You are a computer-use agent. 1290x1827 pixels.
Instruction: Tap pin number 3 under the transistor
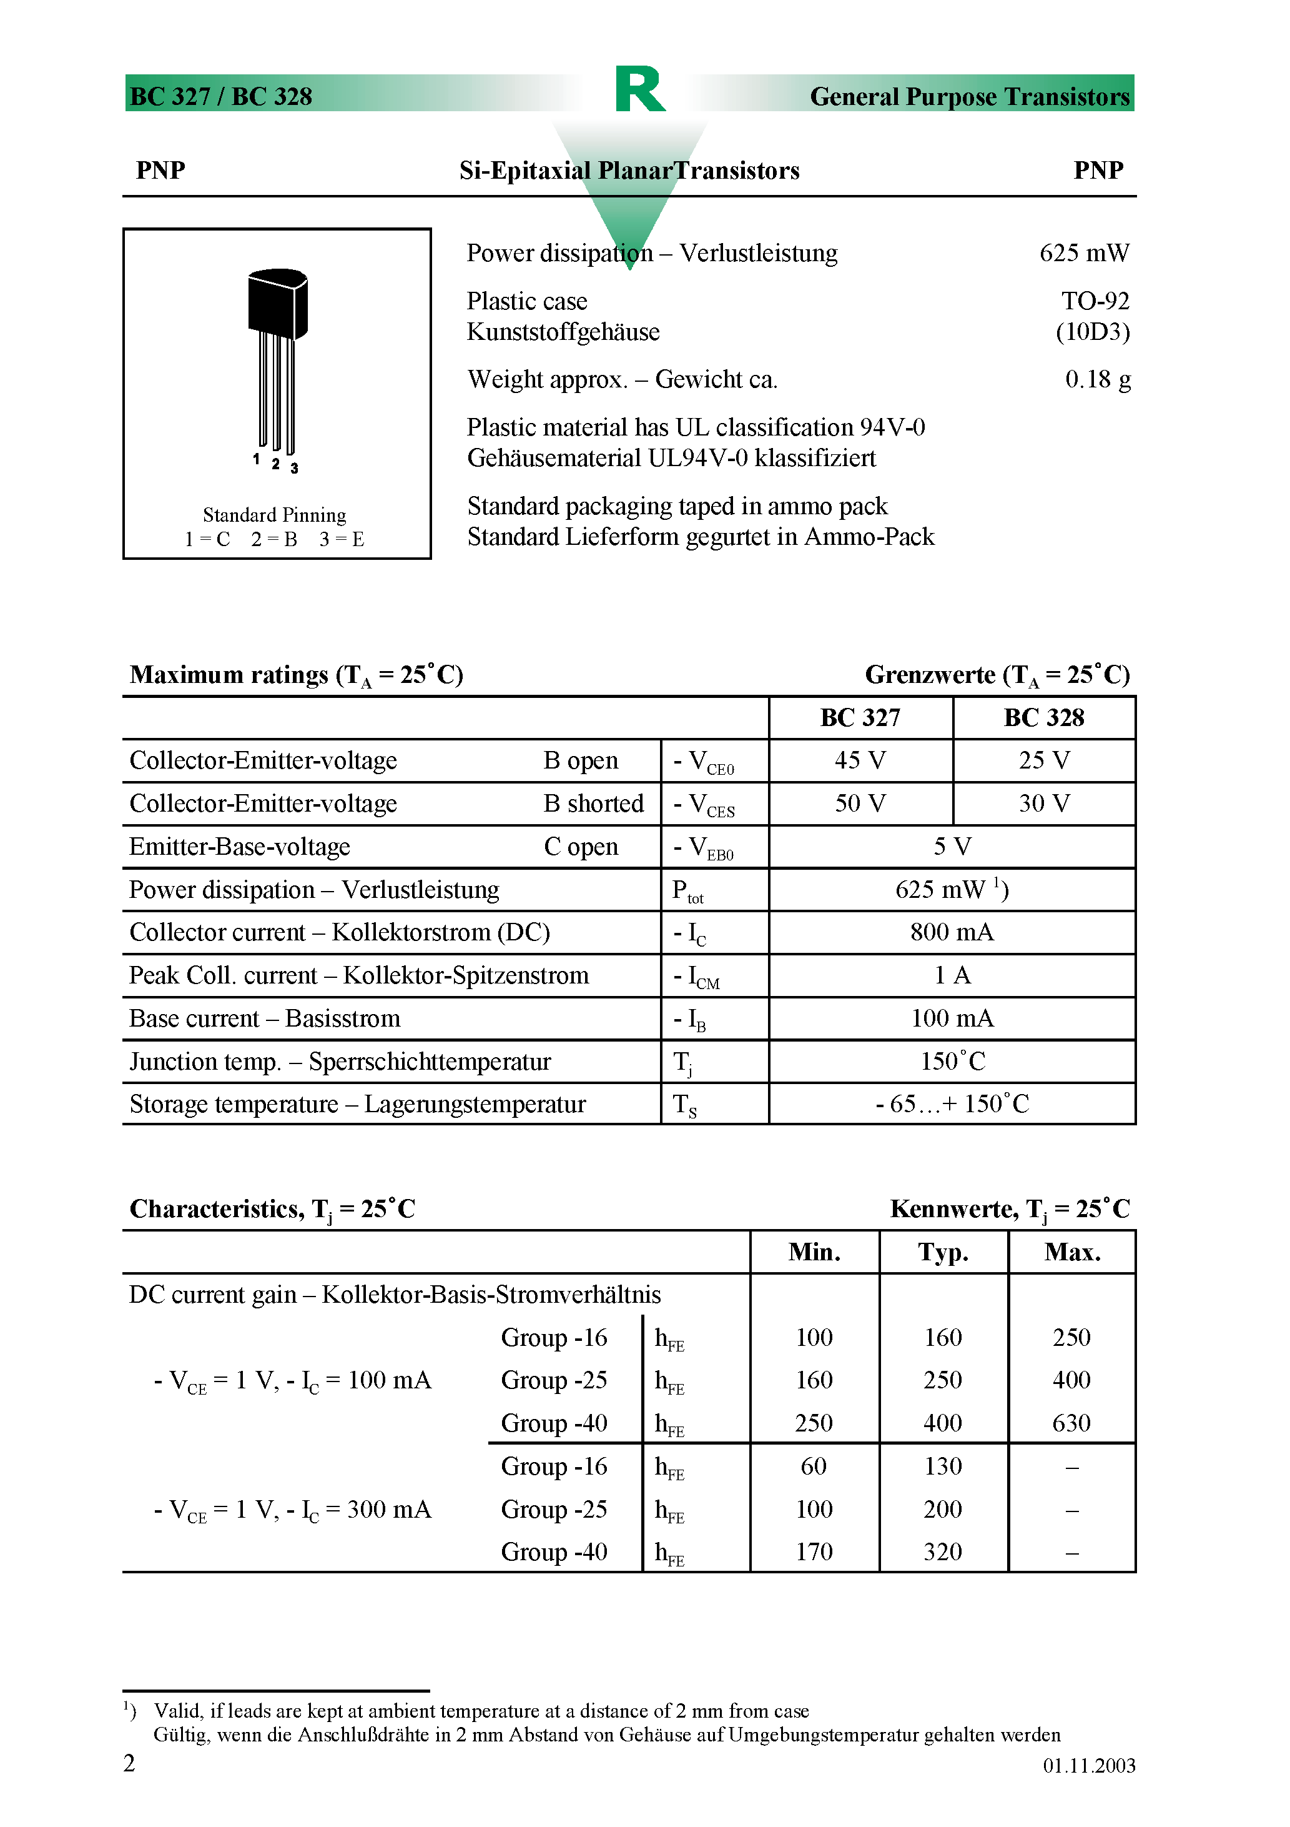tap(294, 469)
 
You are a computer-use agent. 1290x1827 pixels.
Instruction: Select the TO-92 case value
tap(1095, 301)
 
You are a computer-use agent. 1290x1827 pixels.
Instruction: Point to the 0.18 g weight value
tap(1096, 379)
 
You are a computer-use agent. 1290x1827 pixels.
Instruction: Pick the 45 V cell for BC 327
tap(860, 760)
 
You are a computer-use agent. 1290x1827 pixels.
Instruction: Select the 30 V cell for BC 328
tap(1043, 804)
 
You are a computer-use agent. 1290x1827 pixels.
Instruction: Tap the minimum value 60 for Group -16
tap(814, 1466)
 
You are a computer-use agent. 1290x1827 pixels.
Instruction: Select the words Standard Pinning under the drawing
tap(274, 515)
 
